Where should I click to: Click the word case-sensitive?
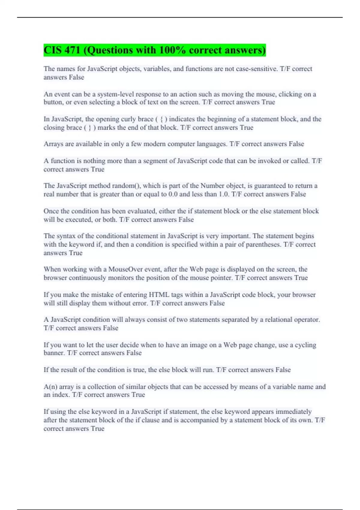pyautogui.click(x=257, y=69)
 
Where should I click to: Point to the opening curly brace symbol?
pyautogui.click(x=162, y=119)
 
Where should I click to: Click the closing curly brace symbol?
pyautogui.click(x=89, y=128)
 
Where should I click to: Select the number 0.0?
pyautogui.click(x=173, y=194)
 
